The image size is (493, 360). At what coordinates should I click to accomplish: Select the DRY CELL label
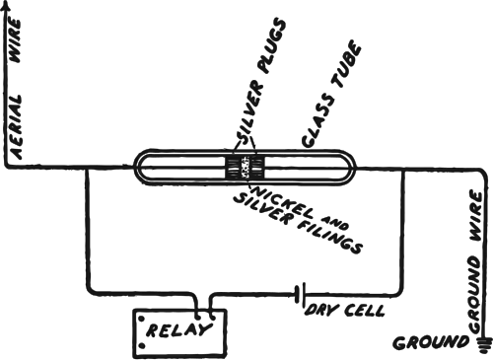(350, 311)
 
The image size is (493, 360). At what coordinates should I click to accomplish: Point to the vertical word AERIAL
(21, 123)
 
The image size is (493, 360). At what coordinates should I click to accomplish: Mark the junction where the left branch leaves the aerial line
(90, 169)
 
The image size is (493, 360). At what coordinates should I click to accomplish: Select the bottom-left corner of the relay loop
(90, 292)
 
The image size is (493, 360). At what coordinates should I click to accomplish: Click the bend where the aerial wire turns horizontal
(10, 168)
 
